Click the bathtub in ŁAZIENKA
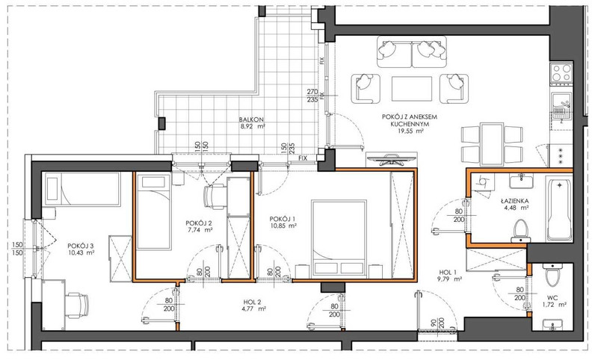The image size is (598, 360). [558, 208]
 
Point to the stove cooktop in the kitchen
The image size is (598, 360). [562, 72]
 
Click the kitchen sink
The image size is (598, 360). [561, 105]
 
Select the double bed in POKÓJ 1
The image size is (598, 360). [339, 238]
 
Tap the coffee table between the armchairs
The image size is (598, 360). [412, 89]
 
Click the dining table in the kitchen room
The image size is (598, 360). [492, 144]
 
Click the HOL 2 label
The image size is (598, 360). [252, 302]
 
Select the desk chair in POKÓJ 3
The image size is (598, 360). [76, 305]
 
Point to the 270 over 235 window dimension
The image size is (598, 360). [312, 96]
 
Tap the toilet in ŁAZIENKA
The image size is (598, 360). [521, 231]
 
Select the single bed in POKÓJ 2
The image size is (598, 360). [153, 212]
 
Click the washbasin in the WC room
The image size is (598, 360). [552, 325]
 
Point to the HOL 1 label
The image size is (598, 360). [448, 272]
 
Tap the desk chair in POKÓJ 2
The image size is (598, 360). [215, 196]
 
